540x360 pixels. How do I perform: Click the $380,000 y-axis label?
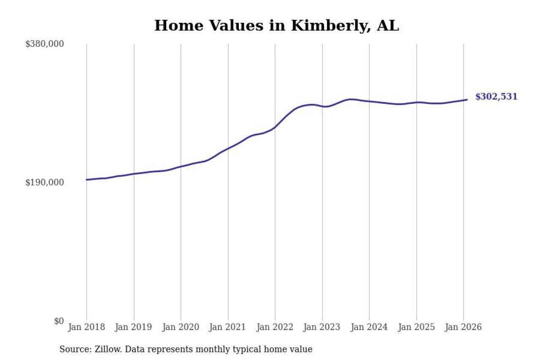click(x=44, y=44)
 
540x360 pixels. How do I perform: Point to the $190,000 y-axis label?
click(x=44, y=182)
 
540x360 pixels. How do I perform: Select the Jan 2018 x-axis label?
click(x=86, y=327)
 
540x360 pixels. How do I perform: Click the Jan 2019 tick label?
click(x=134, y=327)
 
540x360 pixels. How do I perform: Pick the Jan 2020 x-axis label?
click(x=181, y=327)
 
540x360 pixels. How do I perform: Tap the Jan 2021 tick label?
click(x=228, y=327)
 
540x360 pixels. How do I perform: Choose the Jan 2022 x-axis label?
click(x=275, y=327)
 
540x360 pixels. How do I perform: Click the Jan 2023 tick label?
click(x=322, y=327)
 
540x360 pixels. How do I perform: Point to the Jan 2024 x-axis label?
click(x=369, y=327)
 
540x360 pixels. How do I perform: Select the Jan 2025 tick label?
click(x=416, y=327)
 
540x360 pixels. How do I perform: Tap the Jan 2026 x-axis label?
click(x=463, y=327)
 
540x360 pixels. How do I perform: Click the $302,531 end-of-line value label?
click(x=496, y=97)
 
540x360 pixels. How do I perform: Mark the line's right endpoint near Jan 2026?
click(x=467, y=100)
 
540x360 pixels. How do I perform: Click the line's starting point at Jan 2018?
click(x=86, y=180)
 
